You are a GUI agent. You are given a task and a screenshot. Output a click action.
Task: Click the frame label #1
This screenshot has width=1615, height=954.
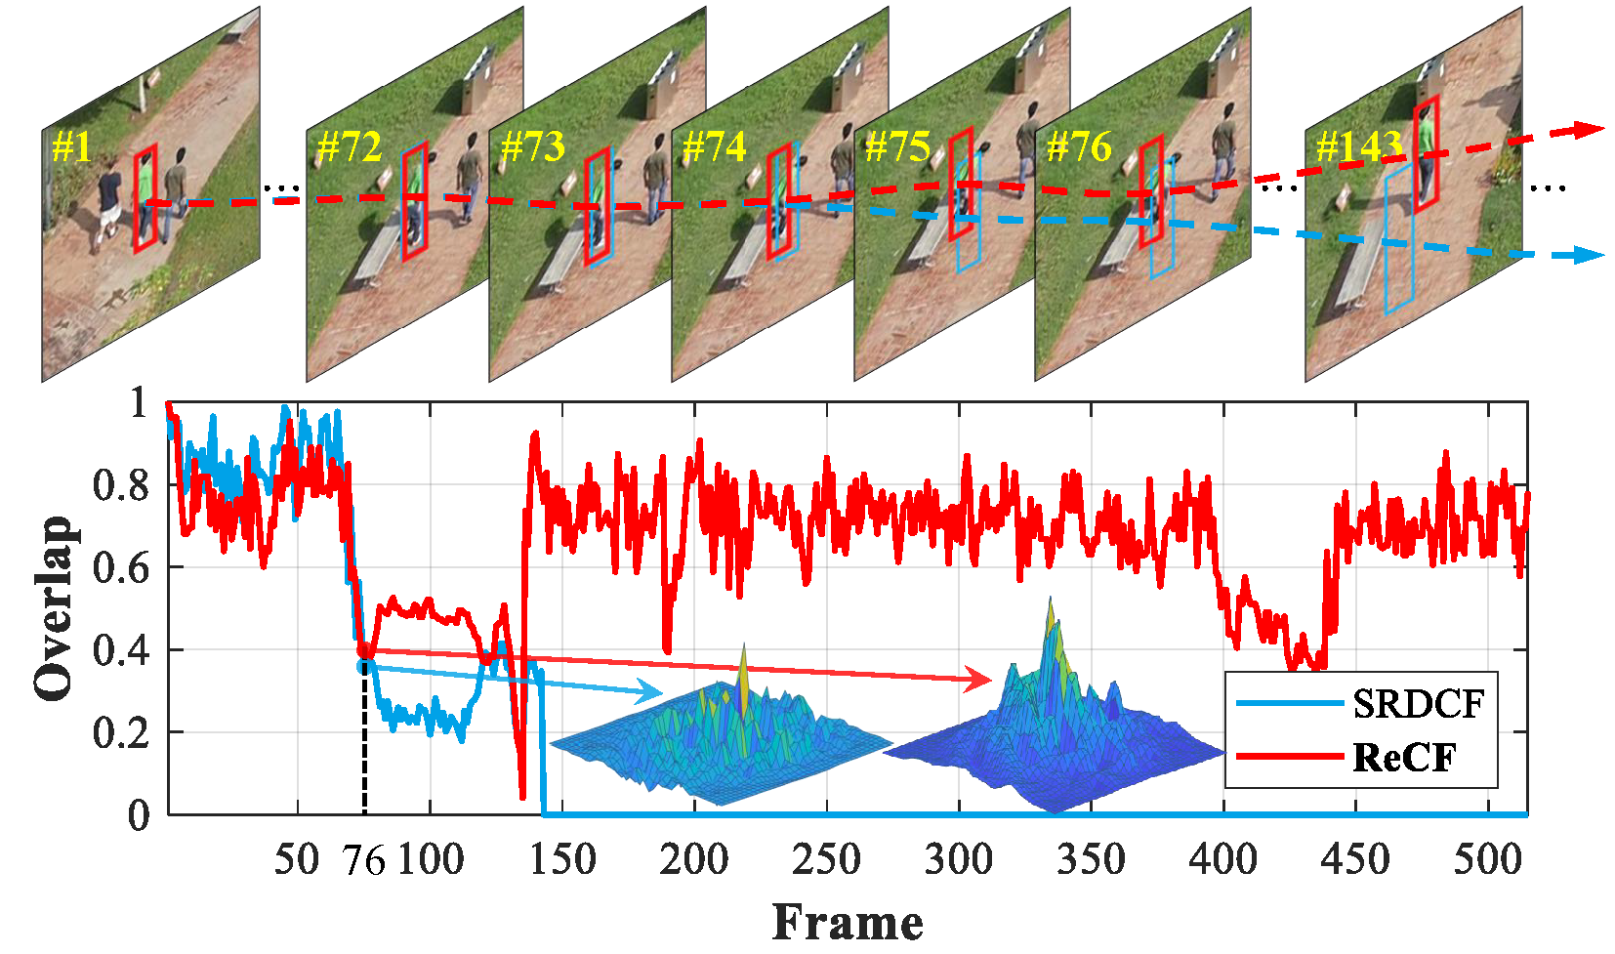71,147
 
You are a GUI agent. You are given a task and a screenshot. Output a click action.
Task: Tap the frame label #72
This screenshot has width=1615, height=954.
350,147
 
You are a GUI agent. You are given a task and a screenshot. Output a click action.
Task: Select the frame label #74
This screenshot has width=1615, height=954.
715,147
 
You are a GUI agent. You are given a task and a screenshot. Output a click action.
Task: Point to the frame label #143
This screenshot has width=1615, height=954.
1359,147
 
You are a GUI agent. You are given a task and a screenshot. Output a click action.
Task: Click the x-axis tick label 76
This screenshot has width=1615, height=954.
364,861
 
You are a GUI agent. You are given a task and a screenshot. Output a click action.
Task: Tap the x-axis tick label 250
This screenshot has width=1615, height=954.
826,860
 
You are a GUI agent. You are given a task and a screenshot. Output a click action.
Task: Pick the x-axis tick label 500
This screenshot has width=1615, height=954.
1487,860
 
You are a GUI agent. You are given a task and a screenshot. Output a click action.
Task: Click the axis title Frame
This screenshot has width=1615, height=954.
848,923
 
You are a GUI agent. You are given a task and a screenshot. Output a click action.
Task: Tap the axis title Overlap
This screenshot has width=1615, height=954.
53,607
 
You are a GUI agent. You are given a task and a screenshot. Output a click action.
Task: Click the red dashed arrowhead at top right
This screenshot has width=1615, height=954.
1591,129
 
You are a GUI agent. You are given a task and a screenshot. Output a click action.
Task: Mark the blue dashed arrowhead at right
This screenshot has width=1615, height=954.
1590,255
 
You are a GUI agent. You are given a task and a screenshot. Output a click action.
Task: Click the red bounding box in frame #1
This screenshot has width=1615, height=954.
145,197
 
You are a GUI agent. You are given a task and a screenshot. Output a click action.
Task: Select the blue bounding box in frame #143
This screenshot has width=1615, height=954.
1400,239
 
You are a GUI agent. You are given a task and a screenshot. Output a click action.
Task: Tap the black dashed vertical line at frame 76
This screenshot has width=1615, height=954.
364,742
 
